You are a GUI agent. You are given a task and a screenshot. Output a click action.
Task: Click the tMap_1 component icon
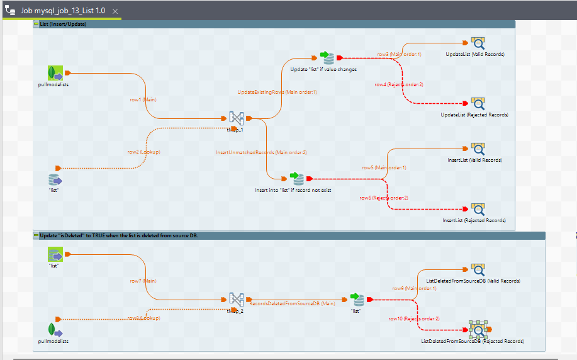pos(236,118)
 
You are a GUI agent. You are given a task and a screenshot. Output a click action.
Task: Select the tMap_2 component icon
pos(236,300)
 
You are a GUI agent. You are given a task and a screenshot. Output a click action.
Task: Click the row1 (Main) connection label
pos(143,99)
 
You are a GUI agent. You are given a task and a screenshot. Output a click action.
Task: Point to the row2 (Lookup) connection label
pos(144,152)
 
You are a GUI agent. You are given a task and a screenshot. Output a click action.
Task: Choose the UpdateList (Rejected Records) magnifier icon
pos(478,103)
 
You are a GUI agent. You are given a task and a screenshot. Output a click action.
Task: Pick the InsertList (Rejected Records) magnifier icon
pos(478,209)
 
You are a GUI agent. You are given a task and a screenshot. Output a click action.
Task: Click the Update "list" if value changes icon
pos(327,58)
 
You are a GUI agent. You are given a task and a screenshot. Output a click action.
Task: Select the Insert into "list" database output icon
pos(296,179)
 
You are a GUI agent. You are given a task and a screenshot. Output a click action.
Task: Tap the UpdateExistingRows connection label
pos(277,93)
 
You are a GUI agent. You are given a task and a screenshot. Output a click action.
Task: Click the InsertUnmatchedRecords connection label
pos(262,152)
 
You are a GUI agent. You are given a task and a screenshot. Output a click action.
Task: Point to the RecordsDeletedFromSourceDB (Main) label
pos(293,304)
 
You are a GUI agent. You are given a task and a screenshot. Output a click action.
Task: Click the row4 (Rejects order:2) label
pos(399,85)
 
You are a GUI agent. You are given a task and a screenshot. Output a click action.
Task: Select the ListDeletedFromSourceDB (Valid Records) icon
pos(478,269)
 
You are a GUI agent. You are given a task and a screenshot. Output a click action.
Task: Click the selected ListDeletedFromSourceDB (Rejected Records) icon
pos(478,329)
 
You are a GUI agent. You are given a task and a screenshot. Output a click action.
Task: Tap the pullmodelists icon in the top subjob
pos(55,73)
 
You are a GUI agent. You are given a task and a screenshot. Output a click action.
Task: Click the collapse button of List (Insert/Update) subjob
pos(36,24)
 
